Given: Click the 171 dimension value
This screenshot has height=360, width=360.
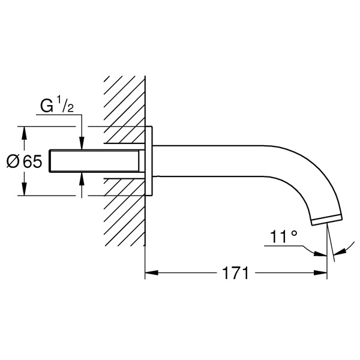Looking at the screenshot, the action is click(236, 273).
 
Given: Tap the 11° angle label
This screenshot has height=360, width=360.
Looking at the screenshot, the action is click(284, 236).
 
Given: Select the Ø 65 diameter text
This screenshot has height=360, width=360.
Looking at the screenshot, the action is click(25, 161).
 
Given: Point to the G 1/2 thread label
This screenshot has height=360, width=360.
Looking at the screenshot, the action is click(57, 106).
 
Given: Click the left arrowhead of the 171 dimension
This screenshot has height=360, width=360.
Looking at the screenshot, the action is click(152, 273).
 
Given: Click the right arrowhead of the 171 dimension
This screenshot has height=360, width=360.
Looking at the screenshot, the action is click(320, 273).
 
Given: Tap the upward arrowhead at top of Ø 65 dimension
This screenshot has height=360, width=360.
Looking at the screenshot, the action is click(24, 133).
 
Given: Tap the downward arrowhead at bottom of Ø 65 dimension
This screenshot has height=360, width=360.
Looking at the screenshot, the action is click(24, 189).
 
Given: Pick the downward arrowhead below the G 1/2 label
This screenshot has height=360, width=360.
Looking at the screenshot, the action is click(82, 143).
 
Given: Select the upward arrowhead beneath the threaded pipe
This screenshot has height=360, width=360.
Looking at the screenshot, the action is click(82, 179).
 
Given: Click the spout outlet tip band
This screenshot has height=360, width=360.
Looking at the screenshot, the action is click(327, 220).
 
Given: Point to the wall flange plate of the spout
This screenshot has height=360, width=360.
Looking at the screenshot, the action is click(149, 161).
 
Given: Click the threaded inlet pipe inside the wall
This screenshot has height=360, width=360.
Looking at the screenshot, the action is click(94, 161).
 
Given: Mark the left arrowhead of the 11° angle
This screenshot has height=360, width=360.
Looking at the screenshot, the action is click(320, 254).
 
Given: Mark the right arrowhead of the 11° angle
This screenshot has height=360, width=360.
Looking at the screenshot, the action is click(340, 252).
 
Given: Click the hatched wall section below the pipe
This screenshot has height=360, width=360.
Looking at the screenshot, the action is click(124, 212).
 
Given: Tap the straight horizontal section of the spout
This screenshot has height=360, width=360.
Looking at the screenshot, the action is click(209, 161).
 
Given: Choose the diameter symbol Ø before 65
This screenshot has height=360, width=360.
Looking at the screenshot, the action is click(13, 161).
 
